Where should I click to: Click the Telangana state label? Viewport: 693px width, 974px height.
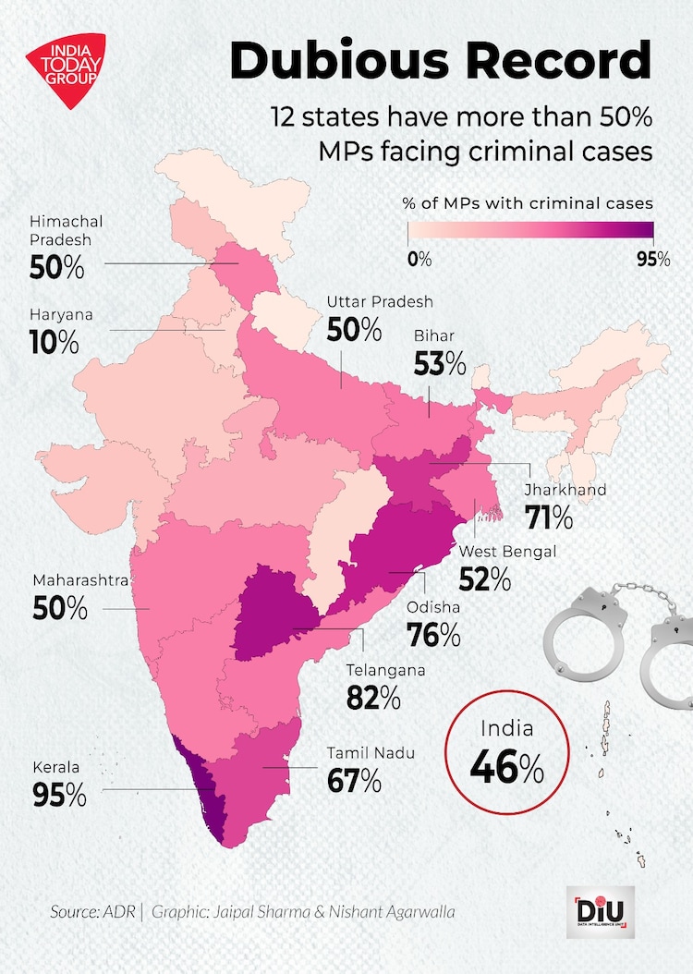coord(385,670)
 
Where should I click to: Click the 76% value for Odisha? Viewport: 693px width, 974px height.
coord(433,635)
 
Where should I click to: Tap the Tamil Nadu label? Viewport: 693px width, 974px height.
coord(371,753)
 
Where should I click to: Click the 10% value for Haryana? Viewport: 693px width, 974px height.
coord(55,343)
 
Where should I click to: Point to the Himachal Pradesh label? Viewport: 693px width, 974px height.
coord(66,232)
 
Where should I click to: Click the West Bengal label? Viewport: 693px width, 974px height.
coord(507,552)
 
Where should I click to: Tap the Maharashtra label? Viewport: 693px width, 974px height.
coord(80,580)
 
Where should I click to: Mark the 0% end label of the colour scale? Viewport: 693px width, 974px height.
coord(419,260)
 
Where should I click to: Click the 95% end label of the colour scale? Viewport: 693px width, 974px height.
coord(653,260)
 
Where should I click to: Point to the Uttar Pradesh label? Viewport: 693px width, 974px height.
coord(380,302)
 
